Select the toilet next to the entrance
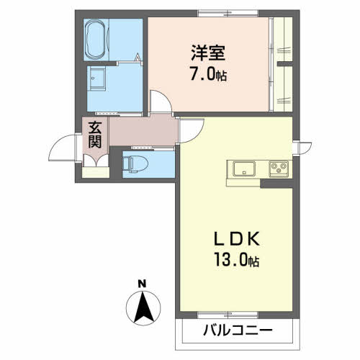[132, 162]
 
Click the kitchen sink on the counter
[243, 168]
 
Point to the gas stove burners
[278, 169]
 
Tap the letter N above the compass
[143, 282]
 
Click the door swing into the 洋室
[161, 102]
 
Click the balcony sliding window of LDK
[237, 315]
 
